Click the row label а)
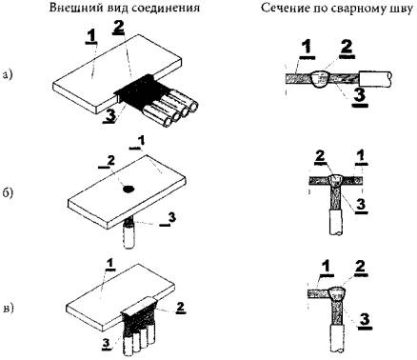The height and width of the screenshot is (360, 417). click(7, 75)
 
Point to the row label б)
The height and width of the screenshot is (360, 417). click(8, 191)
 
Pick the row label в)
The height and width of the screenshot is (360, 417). click(8, 309)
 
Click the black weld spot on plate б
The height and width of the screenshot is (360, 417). click(129, 190)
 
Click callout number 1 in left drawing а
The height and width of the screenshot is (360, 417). click(92, 36)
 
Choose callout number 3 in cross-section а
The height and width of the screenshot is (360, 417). click(360, 96)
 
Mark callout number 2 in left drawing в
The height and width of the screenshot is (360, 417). click(180, 307)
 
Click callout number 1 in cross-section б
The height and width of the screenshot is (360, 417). click(361, 157)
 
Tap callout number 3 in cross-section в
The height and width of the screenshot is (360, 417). click(364, 319)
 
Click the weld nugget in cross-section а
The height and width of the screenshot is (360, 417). click(322, 79)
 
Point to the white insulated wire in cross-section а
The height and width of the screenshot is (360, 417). click(375, 80)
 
